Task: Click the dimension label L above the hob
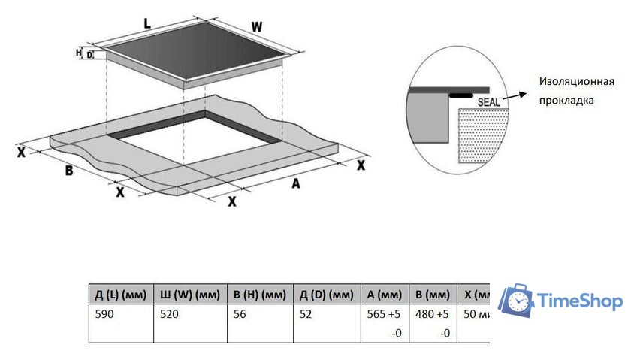click(x=147, y=24)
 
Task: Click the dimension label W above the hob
click(x=257, y=27)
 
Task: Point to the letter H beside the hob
click(x=78, y=53)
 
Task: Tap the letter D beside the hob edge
click(x=89, y=54)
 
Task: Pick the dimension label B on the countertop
click(x=68, y=171)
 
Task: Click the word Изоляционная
click(x=576, y=82)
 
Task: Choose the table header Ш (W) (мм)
click(x=188, y=294)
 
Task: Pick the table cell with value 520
click(x=168, y=315)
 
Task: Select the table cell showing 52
click(x=305, y=315)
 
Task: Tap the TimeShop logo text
click(x=579, y=301)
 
